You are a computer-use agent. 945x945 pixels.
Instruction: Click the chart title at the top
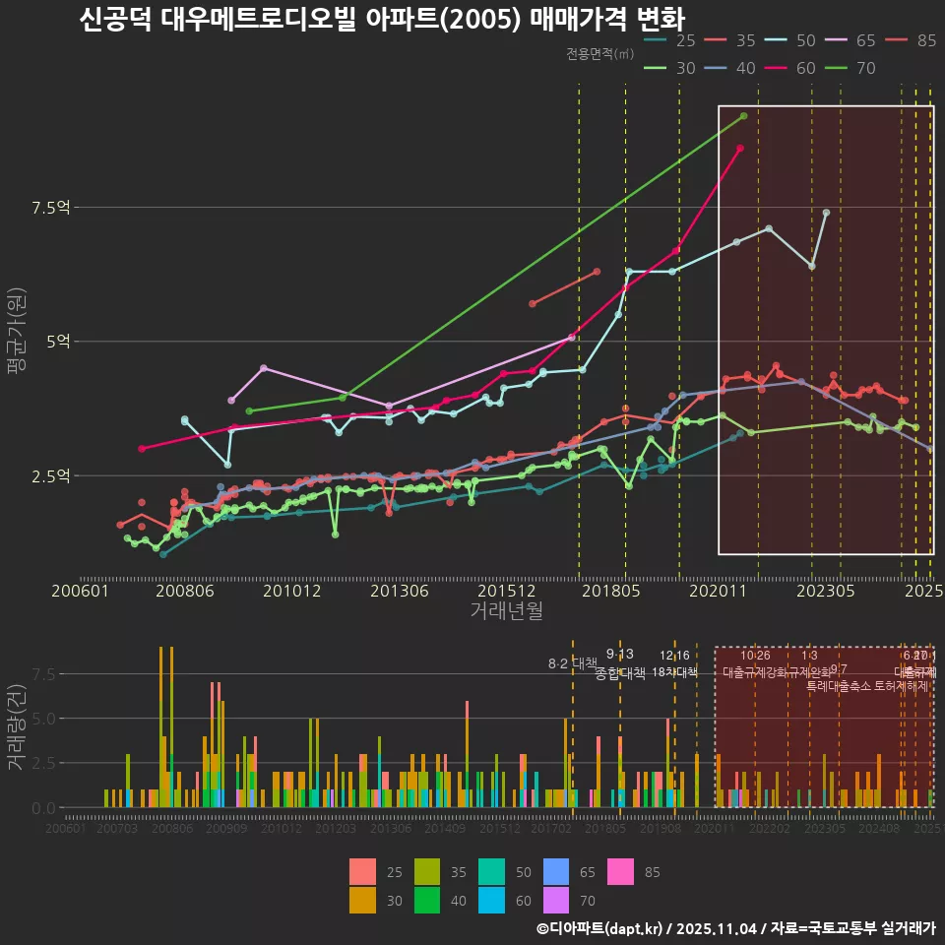point(381,20)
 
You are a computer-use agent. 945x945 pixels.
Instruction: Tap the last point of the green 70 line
point(744,116)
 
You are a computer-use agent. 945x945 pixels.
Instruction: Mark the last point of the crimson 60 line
point(740,148)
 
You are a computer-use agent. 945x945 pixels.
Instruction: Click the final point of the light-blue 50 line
point(826,213)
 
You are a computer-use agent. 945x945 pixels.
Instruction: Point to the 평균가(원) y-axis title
point(17,342)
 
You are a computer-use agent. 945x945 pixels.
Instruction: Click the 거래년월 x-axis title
point(506,611)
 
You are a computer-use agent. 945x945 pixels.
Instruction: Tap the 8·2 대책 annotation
point(573,662)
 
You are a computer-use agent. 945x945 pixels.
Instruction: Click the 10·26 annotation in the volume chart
point(755,656)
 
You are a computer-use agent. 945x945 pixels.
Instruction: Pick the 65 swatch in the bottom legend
point(557,872)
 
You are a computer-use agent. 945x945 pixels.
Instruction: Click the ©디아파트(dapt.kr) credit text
point(601,928)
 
